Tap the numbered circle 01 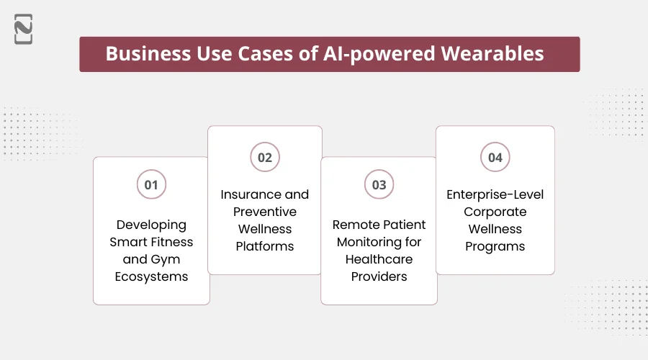tap(151, 185)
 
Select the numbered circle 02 tap(265, 157)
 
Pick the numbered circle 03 tap(379, 185)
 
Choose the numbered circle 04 tap(495, 157)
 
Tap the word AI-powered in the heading tap(397, 55)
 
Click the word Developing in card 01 tap(151, 225)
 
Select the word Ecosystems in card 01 tap(151, 276)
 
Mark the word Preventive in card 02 tap(265, 212)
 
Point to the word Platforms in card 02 tap(265, 246)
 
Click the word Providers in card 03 tap(379, 276)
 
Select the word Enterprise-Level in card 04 tap(495, 194)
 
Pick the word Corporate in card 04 tap(495, 212)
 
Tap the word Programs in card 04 tap(495, 246)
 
